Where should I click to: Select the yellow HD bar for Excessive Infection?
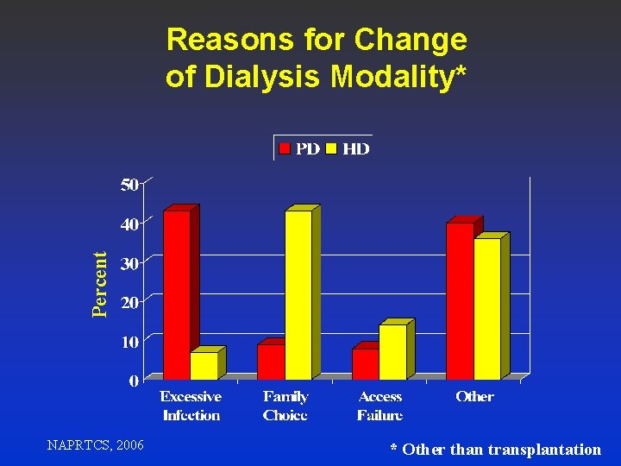[204, 366]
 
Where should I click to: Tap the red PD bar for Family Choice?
[271, 362]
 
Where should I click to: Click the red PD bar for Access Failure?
[365, 364]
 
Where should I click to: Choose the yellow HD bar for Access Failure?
[392, 352]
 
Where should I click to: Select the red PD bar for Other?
[460, 301]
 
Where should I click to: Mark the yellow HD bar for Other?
[486, 309]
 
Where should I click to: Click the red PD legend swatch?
[285, 149]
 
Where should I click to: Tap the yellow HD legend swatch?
[331, 149]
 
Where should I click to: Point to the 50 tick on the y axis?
[129, 184]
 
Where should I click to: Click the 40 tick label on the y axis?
[129, 224]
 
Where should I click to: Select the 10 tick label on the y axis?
[129, 343]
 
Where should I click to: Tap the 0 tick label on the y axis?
[134, 381]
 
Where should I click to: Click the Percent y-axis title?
[101, 284]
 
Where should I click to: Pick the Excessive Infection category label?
[191, 406]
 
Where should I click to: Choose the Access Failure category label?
[379, 406]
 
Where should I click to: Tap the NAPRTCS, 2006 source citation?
[96, 445]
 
